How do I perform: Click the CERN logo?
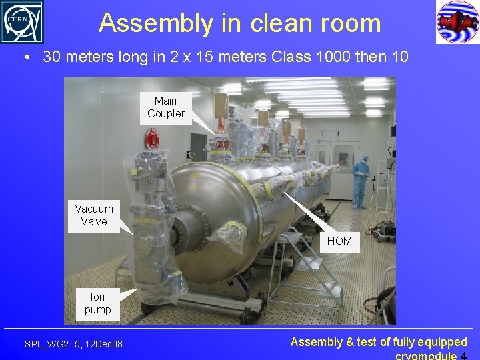click(22, 22)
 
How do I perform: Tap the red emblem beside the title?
click(457, 22)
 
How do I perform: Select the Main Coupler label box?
click(165, 107)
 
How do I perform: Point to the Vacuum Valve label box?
click(94, 215)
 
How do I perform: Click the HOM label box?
click(339, 241)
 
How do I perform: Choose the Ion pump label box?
click(97, 303)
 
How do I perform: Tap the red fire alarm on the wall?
click(153, 139)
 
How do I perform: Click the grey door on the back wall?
click(199, 147)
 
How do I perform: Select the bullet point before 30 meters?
click(26, 57)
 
